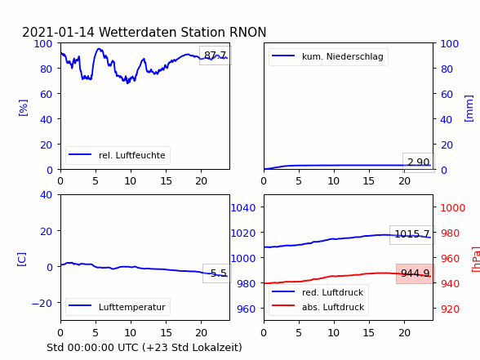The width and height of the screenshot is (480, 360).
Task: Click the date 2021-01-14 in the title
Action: click(x=58, y=32)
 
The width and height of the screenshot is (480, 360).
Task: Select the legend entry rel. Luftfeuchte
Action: click(x=118, y=155)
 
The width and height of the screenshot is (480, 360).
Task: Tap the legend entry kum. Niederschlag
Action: click(x=328, y=56)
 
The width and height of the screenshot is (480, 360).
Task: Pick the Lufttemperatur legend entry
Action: click(x=118, y=307)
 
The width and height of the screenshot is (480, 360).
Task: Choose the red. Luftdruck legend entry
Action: click(x=318, y=292)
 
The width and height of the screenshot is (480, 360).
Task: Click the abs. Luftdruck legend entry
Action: click(x=318, y=307)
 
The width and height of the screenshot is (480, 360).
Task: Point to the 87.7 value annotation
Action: click(x=216, y=56)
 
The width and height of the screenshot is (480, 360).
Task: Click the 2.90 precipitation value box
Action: click(x=419, y=162)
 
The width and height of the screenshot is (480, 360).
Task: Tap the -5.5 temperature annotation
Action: click(x=217, y=273)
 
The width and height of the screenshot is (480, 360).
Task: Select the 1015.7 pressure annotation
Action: click(x=412, y=234)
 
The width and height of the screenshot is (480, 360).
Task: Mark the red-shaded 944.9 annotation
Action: click(x=416, y=273)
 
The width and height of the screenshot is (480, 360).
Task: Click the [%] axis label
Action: click(x=23, y=108)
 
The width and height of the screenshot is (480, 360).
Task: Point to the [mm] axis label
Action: click(x=469, y=109)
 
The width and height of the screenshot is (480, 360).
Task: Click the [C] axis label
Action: click(x=22, y=260)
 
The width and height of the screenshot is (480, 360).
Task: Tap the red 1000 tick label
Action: click(x=453, y=208)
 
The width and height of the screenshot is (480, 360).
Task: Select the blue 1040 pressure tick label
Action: click(x=243, y=208)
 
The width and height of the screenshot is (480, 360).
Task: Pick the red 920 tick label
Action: click(x=450, y=309)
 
